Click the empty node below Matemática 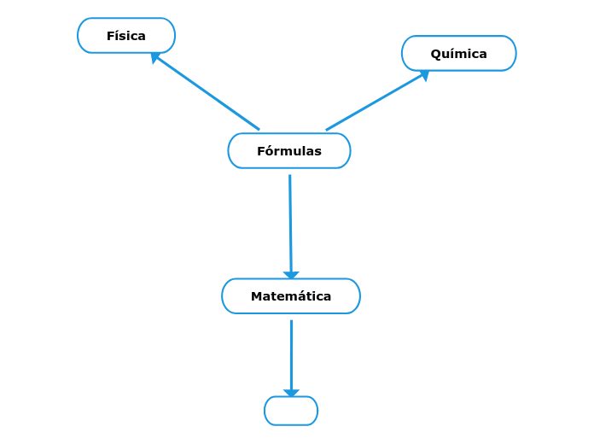291,411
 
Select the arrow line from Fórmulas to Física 207,93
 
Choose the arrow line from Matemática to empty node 291,354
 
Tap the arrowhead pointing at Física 154,57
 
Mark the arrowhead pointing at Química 424,75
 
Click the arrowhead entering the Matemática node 291,275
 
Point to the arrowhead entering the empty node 291,393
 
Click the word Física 126,36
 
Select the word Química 459,54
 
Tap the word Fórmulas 289,151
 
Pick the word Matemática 291,296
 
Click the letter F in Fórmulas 260,151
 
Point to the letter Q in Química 435,54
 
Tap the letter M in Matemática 255,296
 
